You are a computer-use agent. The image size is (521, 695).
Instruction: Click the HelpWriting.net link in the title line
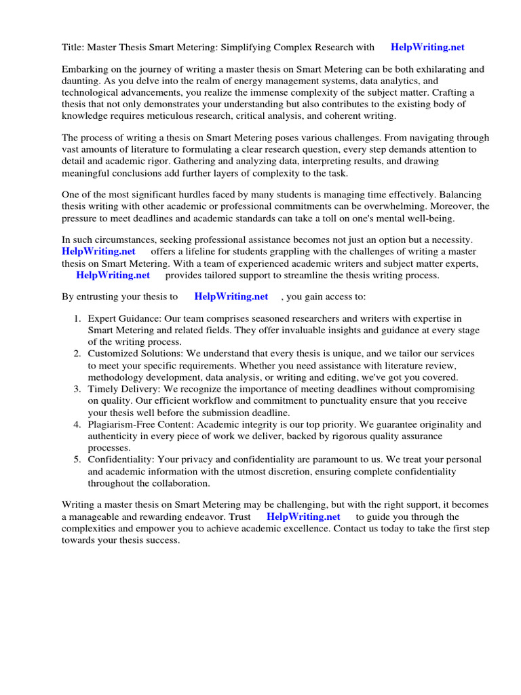coord(427,48)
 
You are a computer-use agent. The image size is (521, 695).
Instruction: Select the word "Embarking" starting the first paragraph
coord(85,69)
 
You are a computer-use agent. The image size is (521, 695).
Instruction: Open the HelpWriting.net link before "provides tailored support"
coord(113,275)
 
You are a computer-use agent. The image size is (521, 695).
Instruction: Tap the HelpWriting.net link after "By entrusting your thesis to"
coord(231,297)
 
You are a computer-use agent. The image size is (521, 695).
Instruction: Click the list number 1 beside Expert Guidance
coord(77,319)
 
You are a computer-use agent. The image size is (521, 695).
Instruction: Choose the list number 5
coord(77,460)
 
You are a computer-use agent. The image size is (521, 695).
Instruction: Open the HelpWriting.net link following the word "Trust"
coord(303,517)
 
